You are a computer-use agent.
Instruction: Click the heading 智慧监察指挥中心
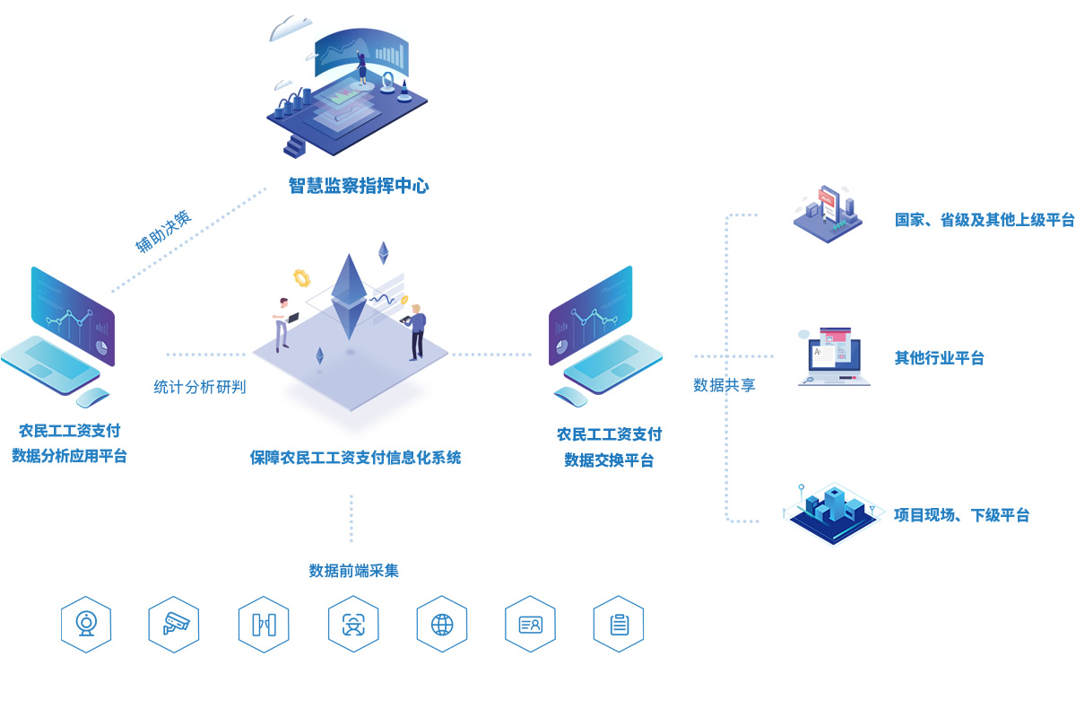coord(359,187)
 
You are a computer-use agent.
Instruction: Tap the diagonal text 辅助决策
coord(163,232)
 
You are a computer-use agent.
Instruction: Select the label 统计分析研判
coord(199,388)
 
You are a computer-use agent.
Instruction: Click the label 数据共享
coord(725,385)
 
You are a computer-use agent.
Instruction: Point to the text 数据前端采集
coord(353,571)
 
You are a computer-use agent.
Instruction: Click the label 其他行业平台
coord(939,358)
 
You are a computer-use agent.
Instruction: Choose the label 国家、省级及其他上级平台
coord(984,220)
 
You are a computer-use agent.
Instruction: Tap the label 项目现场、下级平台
coord(961,515)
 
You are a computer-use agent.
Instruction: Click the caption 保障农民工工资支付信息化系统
coord(355,458)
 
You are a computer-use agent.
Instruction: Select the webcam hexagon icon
coord(86,624)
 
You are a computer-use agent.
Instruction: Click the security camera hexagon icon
coord(174,624)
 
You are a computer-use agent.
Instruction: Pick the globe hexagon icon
coord(442,624)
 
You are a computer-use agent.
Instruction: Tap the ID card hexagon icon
coord(530,624)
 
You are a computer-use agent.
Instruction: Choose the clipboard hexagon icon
coord(619,624)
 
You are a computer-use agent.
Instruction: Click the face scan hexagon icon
coord(353,624)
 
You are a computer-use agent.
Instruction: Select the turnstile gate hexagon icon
coord(264,624)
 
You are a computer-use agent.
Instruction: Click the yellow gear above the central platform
coord(301,277)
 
